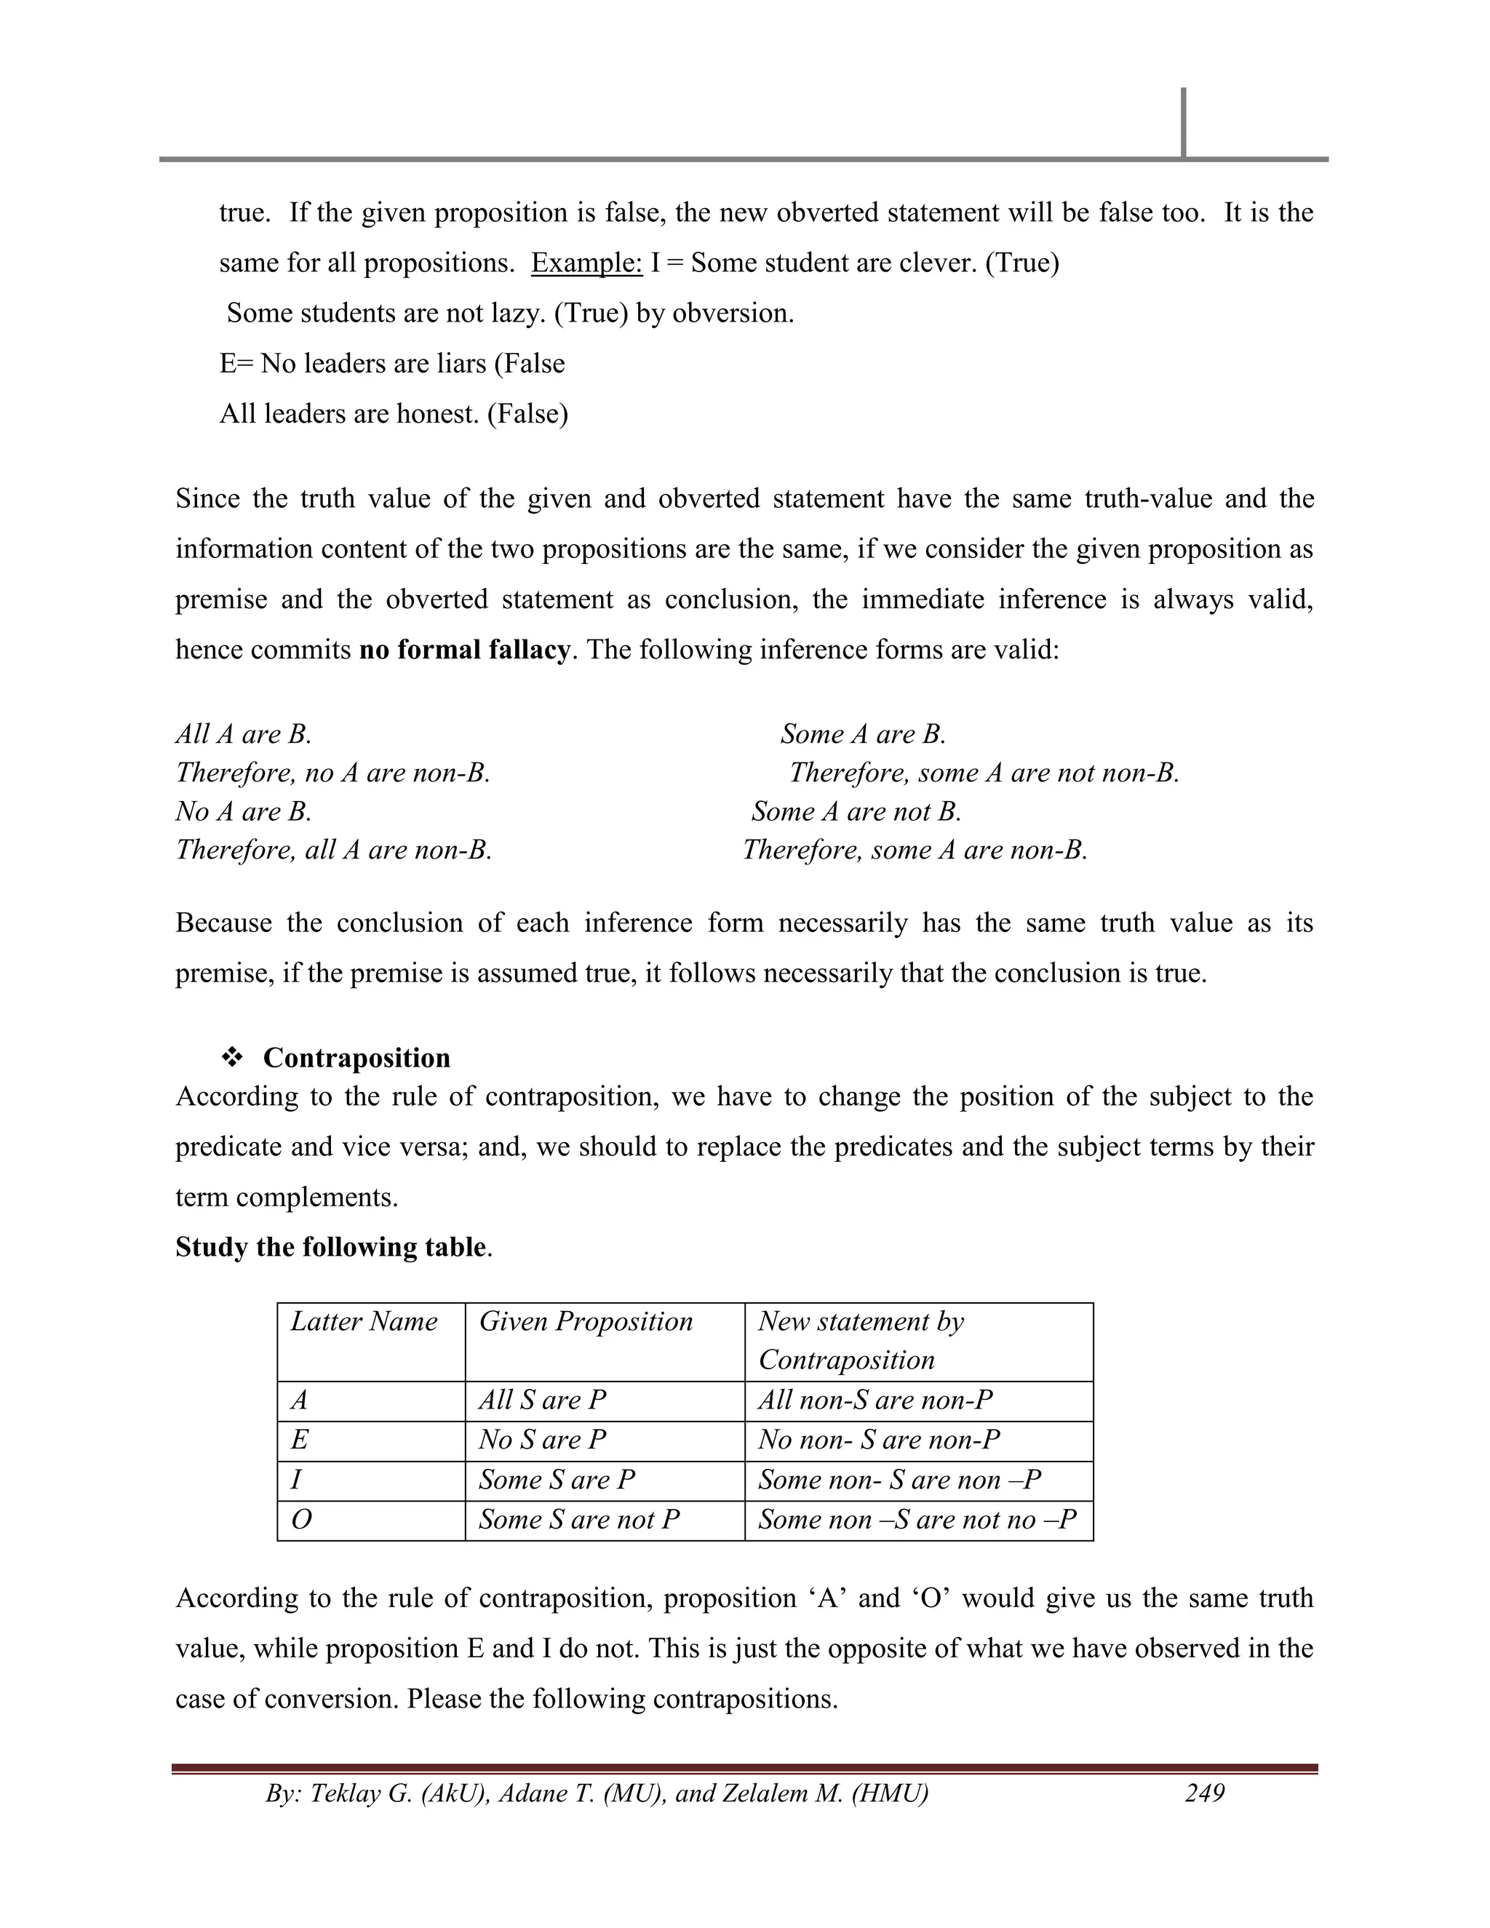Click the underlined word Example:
pos(586,263)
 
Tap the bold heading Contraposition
pos(356,1058)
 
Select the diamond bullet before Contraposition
pos(232,1058)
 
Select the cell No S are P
pos(542,1440)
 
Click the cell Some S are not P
pos(579,1519)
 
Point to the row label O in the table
pos(301,1519)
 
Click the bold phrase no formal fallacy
pos(464,650)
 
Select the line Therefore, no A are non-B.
pos(332,773)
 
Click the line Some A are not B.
pos(856,811)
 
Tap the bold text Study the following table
pos(331,1246)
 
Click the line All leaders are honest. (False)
pos(394,413)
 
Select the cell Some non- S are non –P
pos(899,1480)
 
